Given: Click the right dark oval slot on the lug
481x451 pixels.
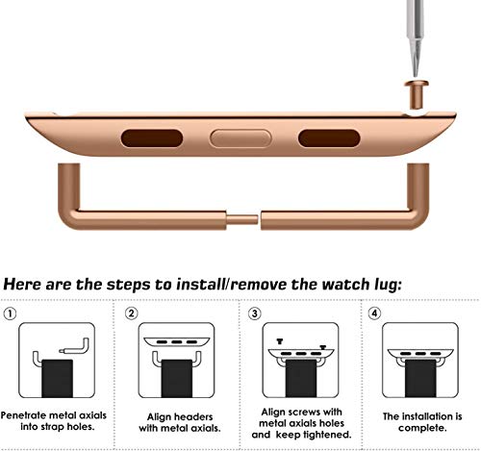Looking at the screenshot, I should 328,138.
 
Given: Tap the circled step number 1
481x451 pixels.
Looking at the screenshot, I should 12,313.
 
